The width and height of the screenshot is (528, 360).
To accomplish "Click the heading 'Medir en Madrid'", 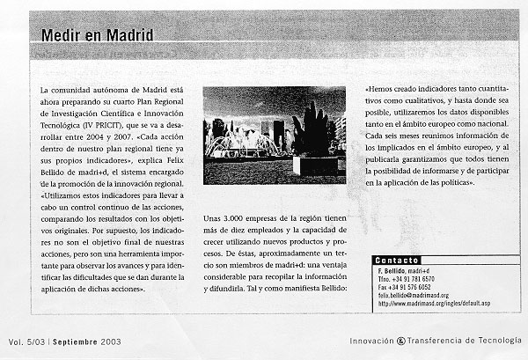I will (x=97, y=36).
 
